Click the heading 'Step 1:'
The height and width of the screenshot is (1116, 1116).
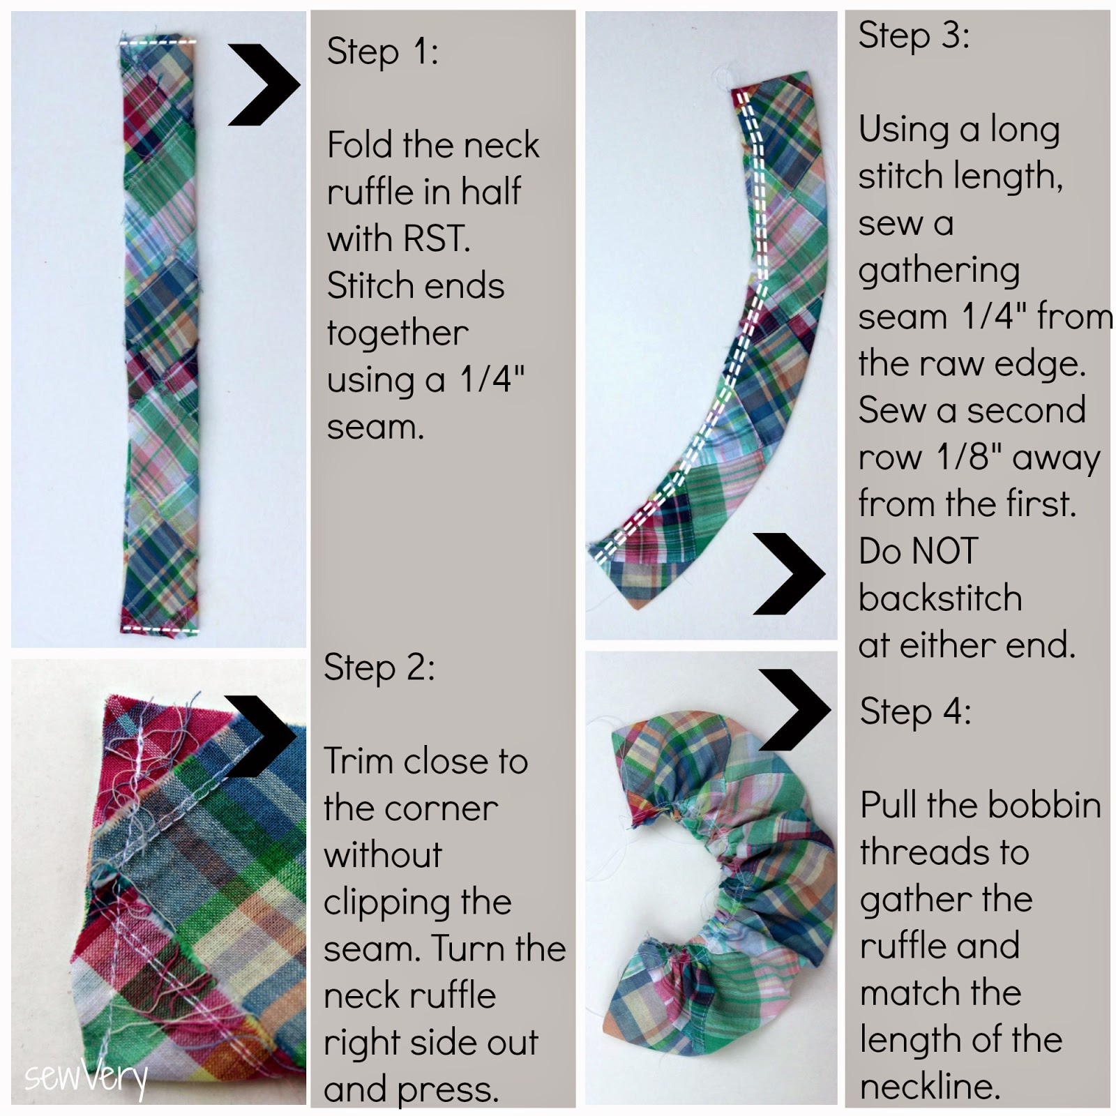tap(382, 52)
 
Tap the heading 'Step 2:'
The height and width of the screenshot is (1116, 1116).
tap(379, 668)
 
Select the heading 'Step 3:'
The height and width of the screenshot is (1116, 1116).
tap(914, 35)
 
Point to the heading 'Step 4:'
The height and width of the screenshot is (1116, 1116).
tap(915, 712)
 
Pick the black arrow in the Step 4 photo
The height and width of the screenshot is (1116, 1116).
tap(795, 710)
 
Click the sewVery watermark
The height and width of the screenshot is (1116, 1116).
tap(86, 1078)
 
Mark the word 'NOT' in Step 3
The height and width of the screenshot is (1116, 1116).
tap(944, 551)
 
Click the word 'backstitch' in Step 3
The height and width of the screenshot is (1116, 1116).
tap(940, 599)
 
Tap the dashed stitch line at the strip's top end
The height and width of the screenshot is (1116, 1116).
tap(159, 43)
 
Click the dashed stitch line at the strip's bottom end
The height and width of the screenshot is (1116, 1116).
tap(160, 629)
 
